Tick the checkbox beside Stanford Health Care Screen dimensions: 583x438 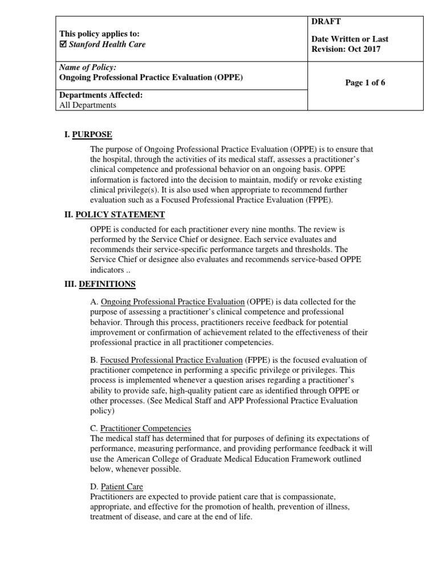pyautogui.click(x=63, y=44)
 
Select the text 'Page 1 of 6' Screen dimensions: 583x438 pyautogui.click(x=365, y=83)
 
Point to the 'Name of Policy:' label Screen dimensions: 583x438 pyautogui.click(x=87, y=67)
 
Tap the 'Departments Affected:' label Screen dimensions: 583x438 pyautogui.click(x=101, y=95)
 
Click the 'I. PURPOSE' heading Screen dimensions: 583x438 pyautogui.click(x=88, y=134)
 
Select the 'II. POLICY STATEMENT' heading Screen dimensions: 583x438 pyautogui.click(x=115, y=215)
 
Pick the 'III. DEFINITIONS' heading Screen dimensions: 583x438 pyautogui.click(x=100, y=284)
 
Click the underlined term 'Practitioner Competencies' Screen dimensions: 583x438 pyautogui.click(x=145, y=428)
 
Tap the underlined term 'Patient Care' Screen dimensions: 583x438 pyautogui.click(x=121, y=486)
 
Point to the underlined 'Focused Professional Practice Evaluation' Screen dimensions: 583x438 pyautogui.click(x=172, y=360)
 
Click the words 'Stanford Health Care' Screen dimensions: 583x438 pyautogui.click(x=107, y=44)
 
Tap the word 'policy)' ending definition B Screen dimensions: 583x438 pyautogui.click(x=103, y=410)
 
